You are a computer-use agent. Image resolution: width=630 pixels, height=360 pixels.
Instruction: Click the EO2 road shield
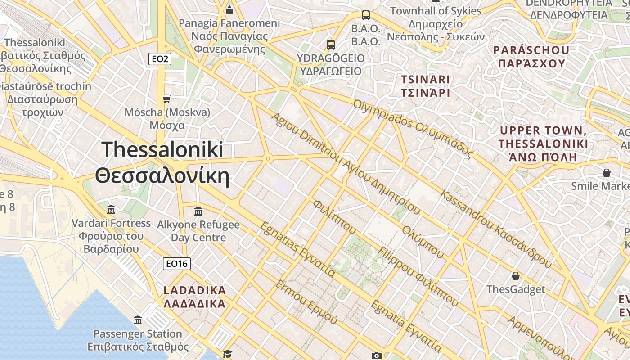[x=161, y=58]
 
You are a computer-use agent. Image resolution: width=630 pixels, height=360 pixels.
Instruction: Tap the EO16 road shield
[x=176, y=264]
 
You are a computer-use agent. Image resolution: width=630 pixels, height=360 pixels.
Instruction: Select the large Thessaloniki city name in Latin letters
[x=162, y=149]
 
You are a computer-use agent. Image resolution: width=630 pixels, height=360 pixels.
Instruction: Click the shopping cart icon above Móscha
[x=167, y=99]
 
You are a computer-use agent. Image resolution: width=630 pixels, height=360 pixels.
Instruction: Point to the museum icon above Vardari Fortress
[x=111, y=209]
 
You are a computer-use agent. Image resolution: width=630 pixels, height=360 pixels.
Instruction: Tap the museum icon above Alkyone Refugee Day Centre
[x=198, y=211]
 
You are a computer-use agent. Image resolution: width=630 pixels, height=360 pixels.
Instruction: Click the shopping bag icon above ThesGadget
[x=516, y=275]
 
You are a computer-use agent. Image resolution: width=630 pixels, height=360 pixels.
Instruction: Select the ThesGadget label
[x=516, y=289]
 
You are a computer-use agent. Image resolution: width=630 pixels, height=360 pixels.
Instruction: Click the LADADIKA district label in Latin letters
[x=195, y=290]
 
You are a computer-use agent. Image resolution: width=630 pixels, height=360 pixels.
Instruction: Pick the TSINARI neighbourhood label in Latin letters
[x=425, y=80]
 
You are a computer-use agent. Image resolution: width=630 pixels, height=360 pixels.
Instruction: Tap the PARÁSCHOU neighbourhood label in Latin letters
[x=531, y=50]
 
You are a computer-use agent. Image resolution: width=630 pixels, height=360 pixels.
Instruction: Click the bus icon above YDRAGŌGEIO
[x=331, y=45]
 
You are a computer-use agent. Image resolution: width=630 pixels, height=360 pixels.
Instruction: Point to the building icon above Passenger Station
[x=138, y=320]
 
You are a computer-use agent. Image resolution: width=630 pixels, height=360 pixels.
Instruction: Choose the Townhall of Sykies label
[x=436, y=11]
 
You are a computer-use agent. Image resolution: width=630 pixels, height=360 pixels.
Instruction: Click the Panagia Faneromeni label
[x=229, y=23]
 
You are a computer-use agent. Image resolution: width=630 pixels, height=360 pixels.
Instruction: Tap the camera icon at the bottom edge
[x=377, y=355]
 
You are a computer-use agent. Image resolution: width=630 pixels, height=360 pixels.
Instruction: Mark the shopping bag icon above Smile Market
[x=607, y=173]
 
